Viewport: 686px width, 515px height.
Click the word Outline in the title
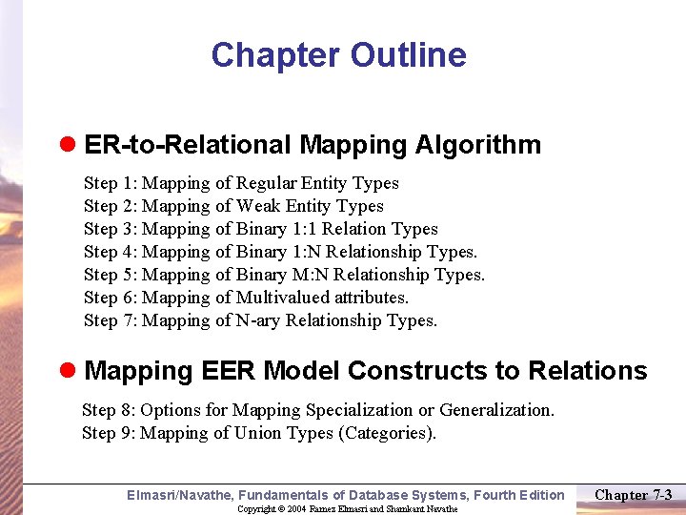coord(408,55)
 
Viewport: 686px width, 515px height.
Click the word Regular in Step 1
coord(266,183)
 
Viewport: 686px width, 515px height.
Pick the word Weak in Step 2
coord(258,206)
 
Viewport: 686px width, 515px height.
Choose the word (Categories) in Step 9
coord(387,433)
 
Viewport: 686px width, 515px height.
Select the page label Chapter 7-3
coord(634,494)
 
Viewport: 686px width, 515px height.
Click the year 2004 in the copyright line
coord(294,509)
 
